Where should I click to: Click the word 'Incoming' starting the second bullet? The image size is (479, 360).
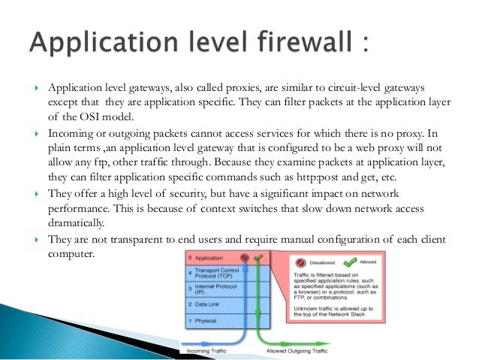tap(71, 133)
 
